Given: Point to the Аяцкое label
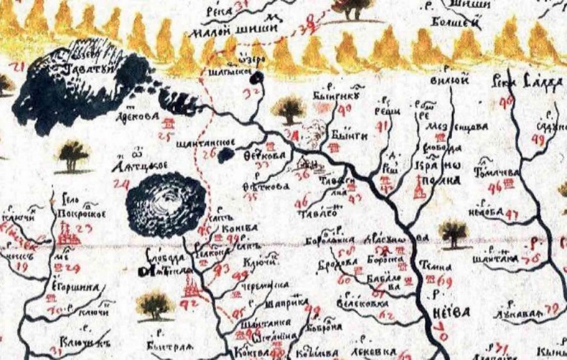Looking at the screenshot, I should point(144,166).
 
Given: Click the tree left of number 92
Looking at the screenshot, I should point(155,305).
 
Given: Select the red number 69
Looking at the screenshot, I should point(444,281).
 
